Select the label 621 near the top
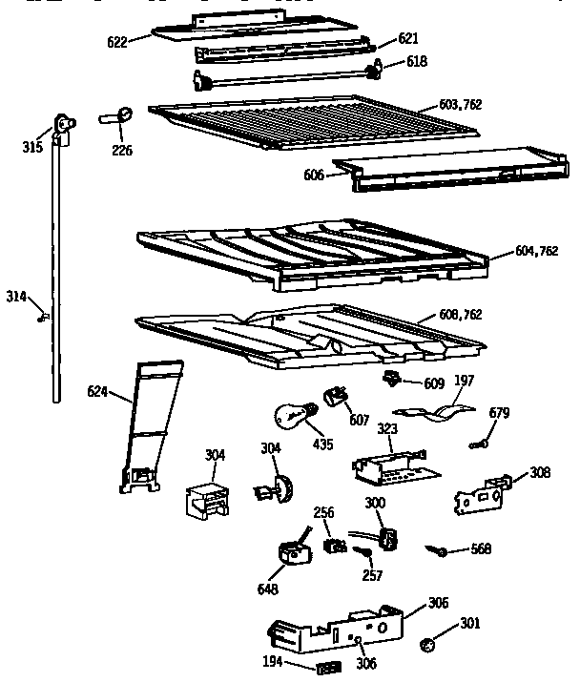[x=408, y=38]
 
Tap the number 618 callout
[x=416, y=61]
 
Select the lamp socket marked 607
[x=335, y=396]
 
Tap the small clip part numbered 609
[x=390, y=380]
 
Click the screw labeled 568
[x=438, y=549]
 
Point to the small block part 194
[x=330, y=664]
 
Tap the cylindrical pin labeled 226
[x=116, y=116]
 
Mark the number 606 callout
[x=313, y=175]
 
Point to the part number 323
[x=386, y=429]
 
